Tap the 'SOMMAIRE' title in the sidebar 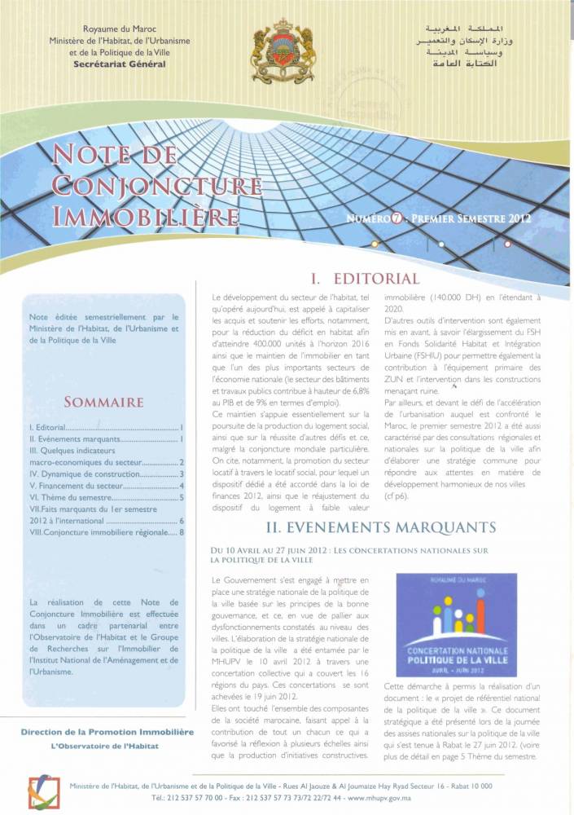[x=103, y=402]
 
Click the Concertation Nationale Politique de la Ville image [x=456, y=625]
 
